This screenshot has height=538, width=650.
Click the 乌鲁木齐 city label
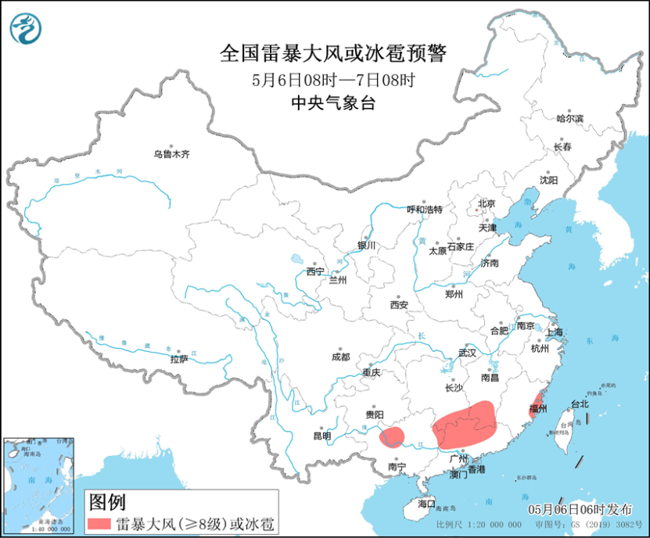point(171,155)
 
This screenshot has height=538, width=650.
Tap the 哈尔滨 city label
point(569,119)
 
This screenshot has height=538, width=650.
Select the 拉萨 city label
point(179,360)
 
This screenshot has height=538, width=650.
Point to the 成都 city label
point(340,357)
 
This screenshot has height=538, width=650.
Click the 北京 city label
point(487,204)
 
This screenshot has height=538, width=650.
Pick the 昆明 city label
point(321,436)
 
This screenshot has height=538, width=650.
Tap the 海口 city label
point(426,504)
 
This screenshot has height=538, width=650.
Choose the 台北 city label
point(579,404)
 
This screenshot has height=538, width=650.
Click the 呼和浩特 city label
point(425,210)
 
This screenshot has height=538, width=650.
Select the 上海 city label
point(555,332)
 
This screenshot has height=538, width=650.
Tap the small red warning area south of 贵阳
point(392,436)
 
